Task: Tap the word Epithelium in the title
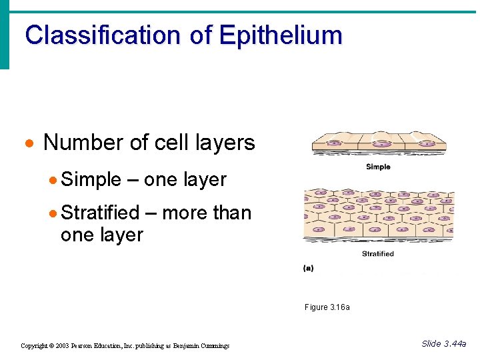click(280, 35)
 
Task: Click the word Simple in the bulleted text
click(91, 180)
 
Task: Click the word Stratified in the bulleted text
click(100, 213)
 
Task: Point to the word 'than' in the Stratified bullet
click(231, 213)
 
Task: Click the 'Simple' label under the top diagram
click(378, 167)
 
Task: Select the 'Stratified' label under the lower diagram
click(377, 253)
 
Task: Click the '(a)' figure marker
click(309, 268)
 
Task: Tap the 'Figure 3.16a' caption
click(327, 307)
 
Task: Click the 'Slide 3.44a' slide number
click(444, 344)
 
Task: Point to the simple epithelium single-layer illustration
click(379, 142)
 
